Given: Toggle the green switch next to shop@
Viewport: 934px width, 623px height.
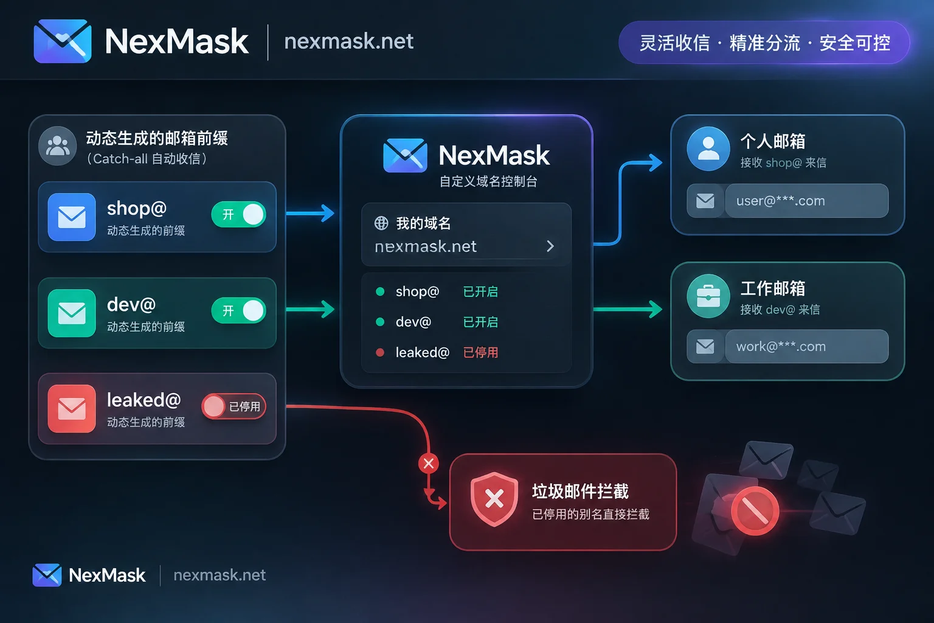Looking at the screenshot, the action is pos(238,215).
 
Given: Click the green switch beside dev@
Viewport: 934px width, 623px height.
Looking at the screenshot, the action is pos(238,310).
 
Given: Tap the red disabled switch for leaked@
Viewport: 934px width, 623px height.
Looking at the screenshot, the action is pos(233,406).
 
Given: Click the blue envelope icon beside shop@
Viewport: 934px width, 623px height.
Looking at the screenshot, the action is pos(72,217).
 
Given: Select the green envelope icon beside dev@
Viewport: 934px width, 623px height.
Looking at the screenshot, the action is pos(72,313).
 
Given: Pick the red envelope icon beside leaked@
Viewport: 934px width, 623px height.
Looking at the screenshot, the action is pos(72,408).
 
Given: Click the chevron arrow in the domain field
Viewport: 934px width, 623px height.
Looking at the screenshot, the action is pos(550,246).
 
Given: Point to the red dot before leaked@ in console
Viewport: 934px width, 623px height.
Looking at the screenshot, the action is pos(380,353).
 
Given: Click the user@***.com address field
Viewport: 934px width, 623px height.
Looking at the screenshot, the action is pos(807,201).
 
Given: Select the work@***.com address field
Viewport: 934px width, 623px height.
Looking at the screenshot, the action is pos(807,346).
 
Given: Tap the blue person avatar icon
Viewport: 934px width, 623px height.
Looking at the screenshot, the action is pos(708,148).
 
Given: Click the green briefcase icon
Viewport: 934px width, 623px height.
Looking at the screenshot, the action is pos(708,296).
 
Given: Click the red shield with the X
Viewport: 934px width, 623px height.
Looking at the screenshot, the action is pos(494,499).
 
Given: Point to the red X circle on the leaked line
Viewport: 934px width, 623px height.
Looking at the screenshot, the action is pos(429,463).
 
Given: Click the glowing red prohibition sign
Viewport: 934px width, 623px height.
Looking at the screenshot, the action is pos(755,511).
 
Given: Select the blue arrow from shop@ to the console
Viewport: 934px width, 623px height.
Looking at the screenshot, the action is pos(310,213).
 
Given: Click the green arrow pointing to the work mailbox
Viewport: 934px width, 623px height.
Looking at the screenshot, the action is pos(628,309).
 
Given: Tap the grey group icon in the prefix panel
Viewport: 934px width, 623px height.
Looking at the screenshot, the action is pos(58,146).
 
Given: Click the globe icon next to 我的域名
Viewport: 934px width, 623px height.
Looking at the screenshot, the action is pos(381,223).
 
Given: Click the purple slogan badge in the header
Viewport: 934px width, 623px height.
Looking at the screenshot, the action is pos(764,43).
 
